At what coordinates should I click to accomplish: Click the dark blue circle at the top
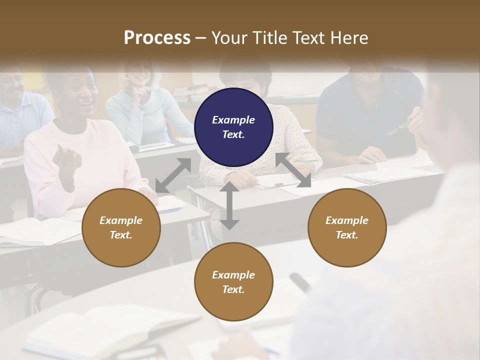[x=233, y=127]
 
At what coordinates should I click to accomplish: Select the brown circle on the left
[x=121, y=227]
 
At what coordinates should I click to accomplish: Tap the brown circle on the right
[x=347, y=227]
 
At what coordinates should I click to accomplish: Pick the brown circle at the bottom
[x=233, y=282]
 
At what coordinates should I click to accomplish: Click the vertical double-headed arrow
[x=229, y=205]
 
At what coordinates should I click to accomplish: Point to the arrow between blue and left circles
[x=173, y=175]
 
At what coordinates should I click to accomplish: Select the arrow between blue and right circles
[x=293, y=170]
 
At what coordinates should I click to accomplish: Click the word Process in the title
[x=157, y=37]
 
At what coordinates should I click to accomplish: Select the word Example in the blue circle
[x=233, y=120]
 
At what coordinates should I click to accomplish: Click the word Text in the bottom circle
[x=232, y=289]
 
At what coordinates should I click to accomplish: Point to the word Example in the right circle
[x=347, y=220]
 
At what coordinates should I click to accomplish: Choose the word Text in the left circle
[x=120, y=235]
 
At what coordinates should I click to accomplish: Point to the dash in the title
[x=201, y=38]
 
